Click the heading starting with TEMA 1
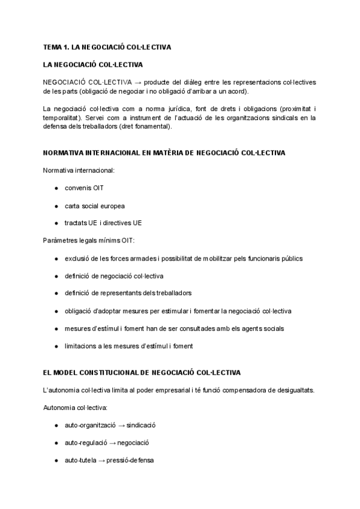(x=107, y=47)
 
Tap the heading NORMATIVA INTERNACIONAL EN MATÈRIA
(x=164, y=153)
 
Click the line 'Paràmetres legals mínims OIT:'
(x=89, y=241)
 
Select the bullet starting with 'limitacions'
(x=128, y=346)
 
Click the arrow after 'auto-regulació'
(x=121, y=443)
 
